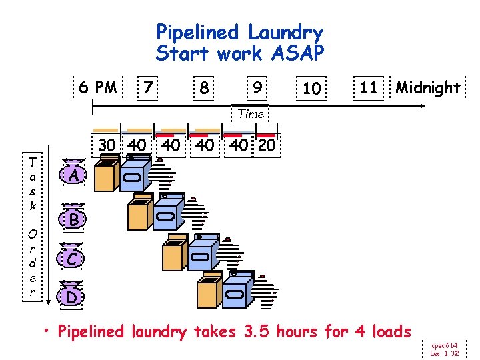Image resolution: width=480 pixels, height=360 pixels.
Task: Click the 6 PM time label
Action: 97,87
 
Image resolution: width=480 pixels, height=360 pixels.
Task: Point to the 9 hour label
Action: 257,87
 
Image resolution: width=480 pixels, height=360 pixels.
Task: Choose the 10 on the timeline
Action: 311,87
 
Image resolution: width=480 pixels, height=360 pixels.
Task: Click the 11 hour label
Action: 369,87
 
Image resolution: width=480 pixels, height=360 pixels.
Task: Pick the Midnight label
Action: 427,87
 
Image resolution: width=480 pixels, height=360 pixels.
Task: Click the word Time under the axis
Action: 251,114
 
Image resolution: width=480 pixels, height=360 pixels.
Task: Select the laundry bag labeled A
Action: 75,175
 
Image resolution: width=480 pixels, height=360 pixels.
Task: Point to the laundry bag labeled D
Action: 71,296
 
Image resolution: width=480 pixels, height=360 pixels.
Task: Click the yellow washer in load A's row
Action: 105,176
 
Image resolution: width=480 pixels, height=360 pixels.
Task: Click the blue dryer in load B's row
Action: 167,213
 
